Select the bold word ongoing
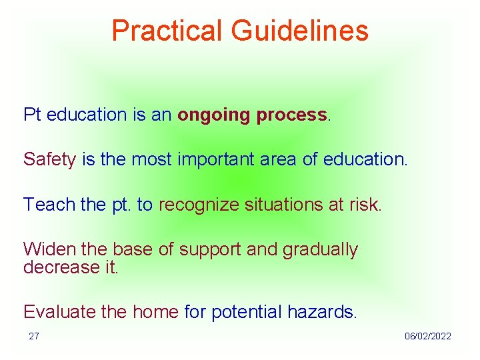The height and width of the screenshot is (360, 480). [x=214, y=115]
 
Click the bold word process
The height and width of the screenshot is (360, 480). [x=291, y=115]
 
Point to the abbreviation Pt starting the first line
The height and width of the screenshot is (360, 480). [x=32, y=115]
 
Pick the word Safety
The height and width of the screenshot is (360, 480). [x=49, y=159]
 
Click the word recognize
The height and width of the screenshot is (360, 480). [x=198, y=204]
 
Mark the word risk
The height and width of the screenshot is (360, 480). [x=365, y=204]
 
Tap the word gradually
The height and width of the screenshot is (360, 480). [x=320, y=250]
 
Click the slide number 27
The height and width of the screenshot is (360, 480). [x=34, y=336]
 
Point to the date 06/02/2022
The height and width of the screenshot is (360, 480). [x=427, y=336]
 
